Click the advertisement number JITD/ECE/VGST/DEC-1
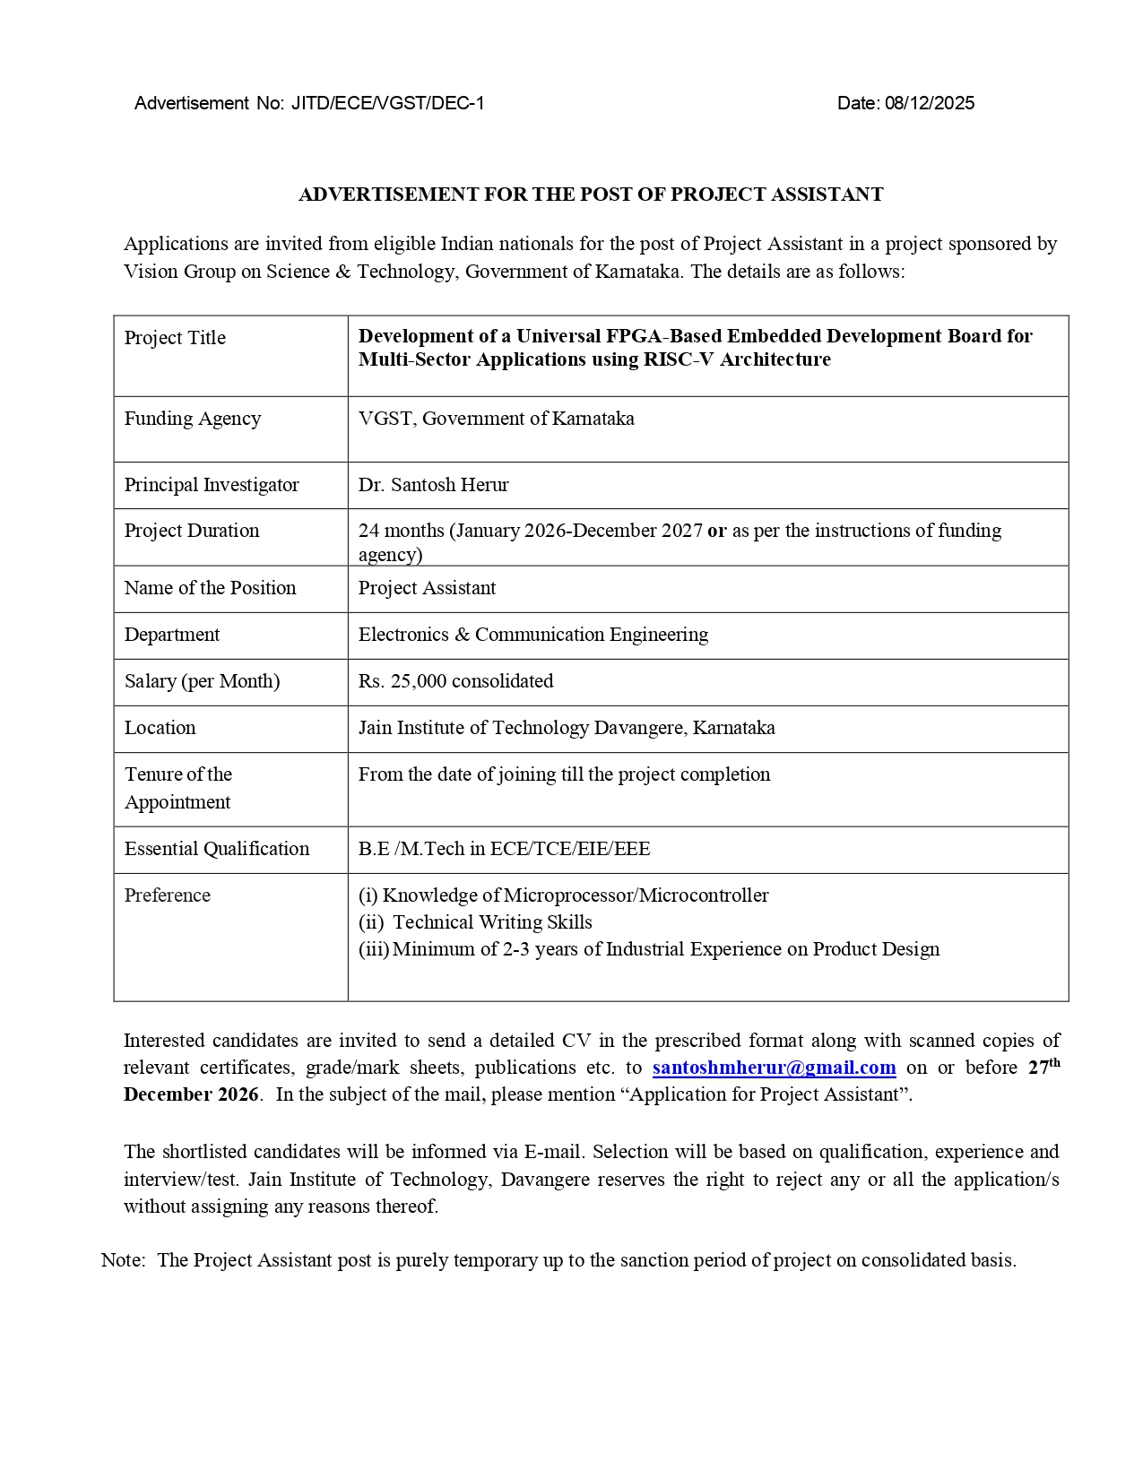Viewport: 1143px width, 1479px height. [387, 103]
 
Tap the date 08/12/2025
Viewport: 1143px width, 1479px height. [929, 103]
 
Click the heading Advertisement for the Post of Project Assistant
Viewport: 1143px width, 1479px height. [591, 195]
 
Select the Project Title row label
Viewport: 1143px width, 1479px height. [175, 338]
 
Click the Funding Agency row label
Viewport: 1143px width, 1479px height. [193, 419]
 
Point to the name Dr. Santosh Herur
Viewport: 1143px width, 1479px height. [433, 485]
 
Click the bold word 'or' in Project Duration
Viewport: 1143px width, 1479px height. [716, 531]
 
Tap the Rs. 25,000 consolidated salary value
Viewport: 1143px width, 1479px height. [455, 681]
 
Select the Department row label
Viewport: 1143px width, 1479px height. [172, 635]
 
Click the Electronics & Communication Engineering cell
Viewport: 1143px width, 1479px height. [533, 635]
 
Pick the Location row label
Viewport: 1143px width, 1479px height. [160, 728]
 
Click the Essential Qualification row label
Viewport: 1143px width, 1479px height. [217, 849]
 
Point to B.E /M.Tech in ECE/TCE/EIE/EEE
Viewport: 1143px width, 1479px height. [504, 849]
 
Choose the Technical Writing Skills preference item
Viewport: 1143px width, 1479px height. [492, 922]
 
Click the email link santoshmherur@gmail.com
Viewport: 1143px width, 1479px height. [774, 1068]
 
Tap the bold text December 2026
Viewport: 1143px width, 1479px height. [191, 1094]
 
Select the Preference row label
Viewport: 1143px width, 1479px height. [168, 895]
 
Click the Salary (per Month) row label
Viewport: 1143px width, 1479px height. [202, 681]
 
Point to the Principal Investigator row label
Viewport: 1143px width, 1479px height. [212, 485]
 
